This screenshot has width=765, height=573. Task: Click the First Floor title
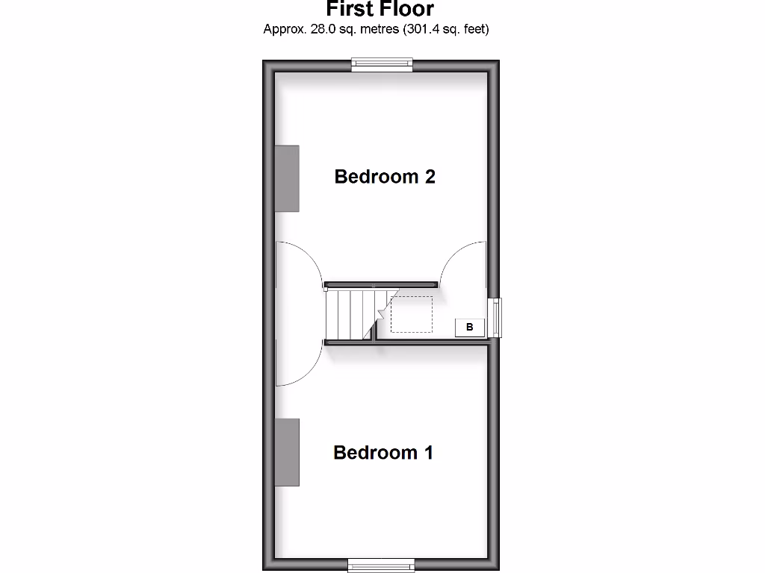click(x=380, y=9)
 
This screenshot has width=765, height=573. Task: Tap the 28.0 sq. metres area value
click(x=345, y=29)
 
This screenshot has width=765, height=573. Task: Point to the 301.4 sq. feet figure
click(x=447, y=29)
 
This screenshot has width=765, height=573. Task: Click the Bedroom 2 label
click(x=385, y=177)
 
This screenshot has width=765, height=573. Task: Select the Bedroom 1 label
click(x=383, y=453)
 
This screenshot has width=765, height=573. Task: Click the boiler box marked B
click(x=470, y=327)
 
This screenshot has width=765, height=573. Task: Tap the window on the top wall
click(x=382, y=66)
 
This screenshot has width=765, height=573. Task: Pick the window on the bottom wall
click(x=382, y=566)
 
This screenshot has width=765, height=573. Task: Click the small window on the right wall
click(x=495, y=317)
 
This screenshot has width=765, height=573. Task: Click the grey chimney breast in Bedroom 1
click(x=287, y=452)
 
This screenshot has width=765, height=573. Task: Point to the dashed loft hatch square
click(x=411, y=314)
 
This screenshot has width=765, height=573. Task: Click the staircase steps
click(x=349, y=313)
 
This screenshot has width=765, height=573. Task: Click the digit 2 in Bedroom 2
click(x=429, y=177)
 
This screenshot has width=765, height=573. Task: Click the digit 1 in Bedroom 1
click(x=428, y=453)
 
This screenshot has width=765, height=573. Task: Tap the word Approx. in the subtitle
click(x=284, y=29)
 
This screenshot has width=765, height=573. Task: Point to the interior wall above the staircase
click(x=381, y=284)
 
